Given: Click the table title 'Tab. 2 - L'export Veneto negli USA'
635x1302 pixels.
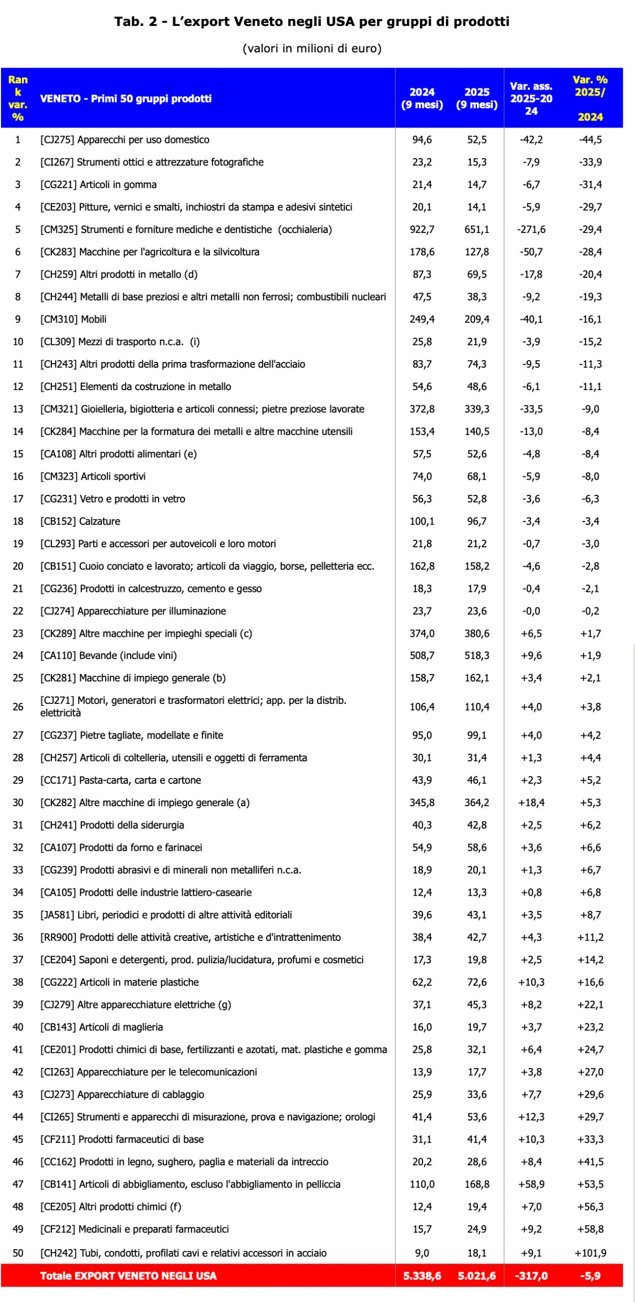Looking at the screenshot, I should [312, 21].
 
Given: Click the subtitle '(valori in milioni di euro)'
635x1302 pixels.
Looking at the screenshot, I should [312, 48].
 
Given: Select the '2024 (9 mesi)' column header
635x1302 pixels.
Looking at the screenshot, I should [422, 98].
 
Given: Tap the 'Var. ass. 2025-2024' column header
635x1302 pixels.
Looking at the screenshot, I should [531, 98].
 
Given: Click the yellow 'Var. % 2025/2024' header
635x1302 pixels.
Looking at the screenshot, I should [590, 98].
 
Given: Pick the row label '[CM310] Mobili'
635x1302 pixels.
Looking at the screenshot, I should [73, 319].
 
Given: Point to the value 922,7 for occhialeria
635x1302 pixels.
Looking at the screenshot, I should [422, 229].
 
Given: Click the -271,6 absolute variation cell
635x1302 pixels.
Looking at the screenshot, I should [531, 229].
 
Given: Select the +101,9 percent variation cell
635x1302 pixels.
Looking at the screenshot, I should [590, 1253].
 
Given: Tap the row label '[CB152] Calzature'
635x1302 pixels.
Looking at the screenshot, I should [80, 521].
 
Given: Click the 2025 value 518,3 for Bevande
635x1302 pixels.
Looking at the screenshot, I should [476, 655].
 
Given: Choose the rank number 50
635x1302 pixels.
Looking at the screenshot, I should [18, 1253].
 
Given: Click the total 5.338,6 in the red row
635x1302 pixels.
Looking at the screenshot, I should [422, 1276].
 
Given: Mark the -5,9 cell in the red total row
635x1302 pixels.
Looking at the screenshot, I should [590, 1276].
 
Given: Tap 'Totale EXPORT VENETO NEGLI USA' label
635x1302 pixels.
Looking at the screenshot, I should [128, 1276].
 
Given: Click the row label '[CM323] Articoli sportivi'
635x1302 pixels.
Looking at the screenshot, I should [93, 476].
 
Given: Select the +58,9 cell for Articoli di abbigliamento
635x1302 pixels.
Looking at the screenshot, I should [531, 1184].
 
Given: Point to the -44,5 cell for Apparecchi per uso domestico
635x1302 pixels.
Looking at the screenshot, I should [590, 139].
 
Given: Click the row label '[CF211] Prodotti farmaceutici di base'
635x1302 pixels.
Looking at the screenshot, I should [122, 1139].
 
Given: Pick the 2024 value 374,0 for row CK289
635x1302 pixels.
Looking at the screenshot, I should [422, 633].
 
